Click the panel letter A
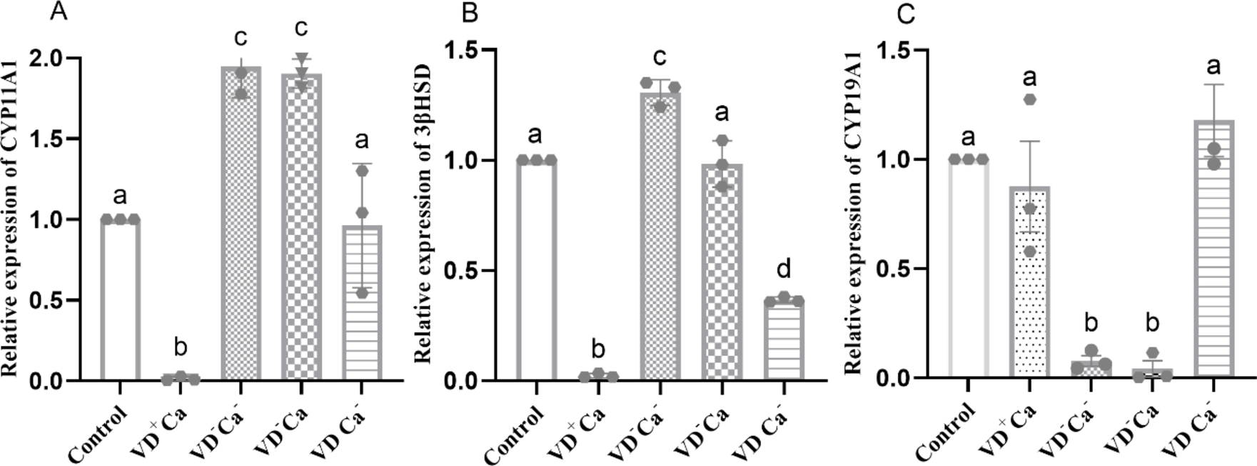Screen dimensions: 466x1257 (59, 12)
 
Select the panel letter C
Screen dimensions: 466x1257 (906, 14)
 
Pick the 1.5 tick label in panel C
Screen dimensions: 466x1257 (897, 51)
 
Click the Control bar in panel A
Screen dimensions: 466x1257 (120, 300)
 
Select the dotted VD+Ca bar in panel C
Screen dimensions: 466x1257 (1030, 282)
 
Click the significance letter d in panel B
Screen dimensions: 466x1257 (784, 269)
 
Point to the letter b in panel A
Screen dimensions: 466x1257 (181, 347)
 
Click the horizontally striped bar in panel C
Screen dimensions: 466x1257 (1213, 250)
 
